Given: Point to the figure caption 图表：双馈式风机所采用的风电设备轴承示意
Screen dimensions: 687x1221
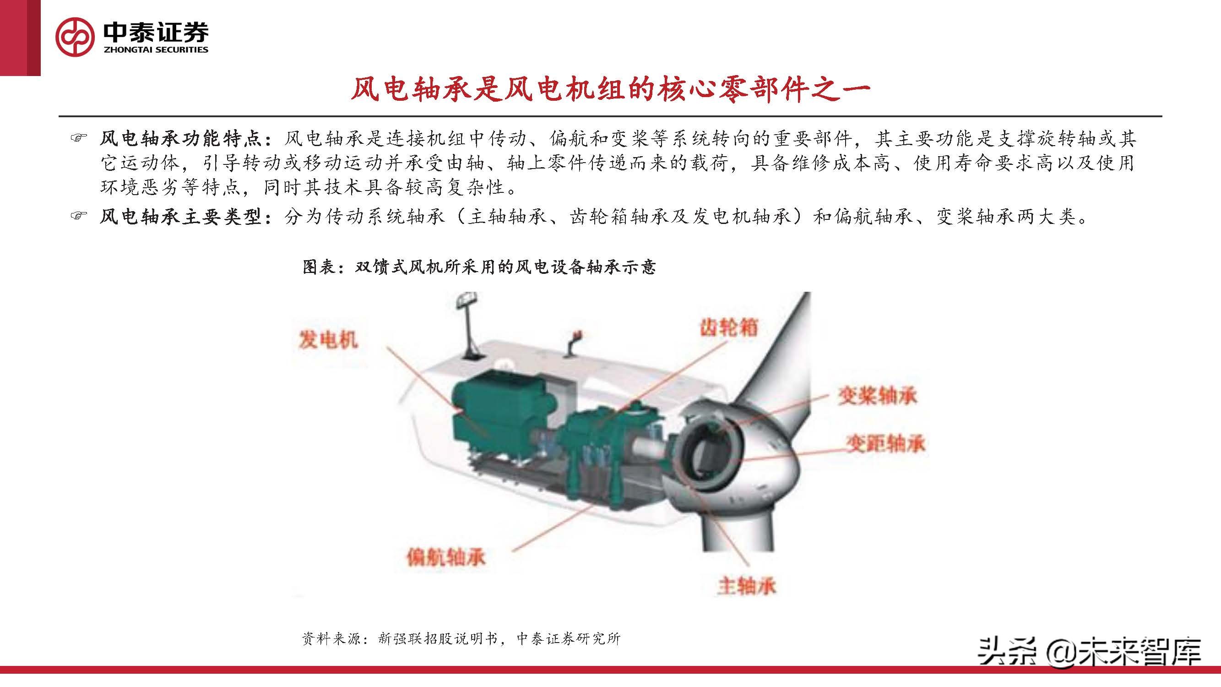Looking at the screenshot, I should [479, 267].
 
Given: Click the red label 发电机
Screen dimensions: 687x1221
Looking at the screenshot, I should [327, 339].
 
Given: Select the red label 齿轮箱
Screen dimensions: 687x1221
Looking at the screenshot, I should [728, 327].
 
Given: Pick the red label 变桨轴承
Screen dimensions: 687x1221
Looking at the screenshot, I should [877, 396].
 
